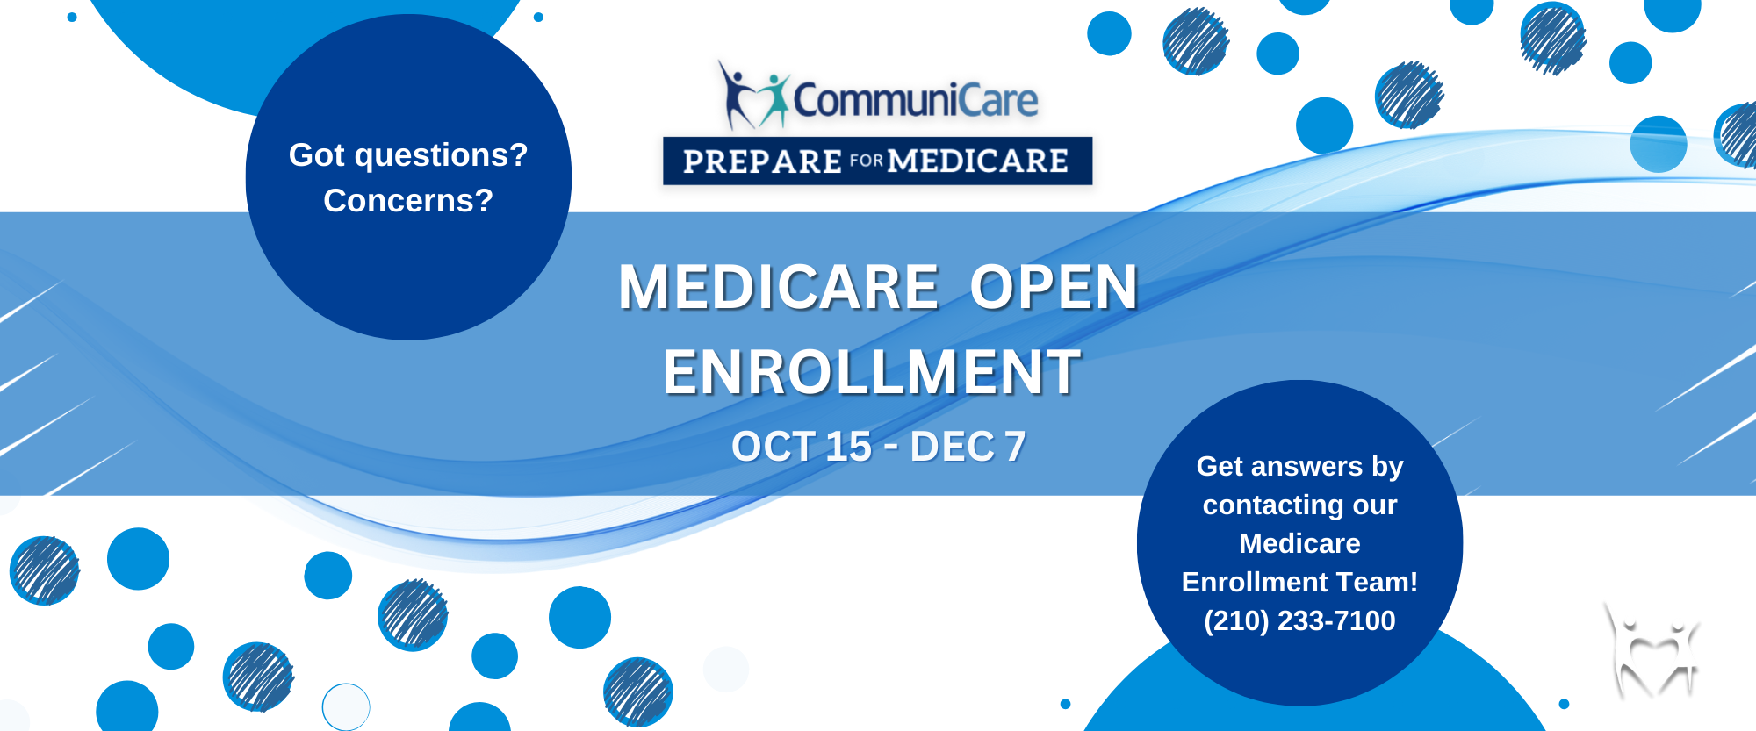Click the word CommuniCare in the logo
[x=916, y=99]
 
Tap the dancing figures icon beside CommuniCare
[x=754, y=95]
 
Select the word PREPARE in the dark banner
[x=762, y=161]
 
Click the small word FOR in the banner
[x=866, y=161]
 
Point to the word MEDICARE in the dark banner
[x=978, y=161]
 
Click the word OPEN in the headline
[x=1054, y=287]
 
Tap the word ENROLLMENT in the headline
[x=872, y=372]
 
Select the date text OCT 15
[x=802, y=447]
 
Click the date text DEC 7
[x=968, y=447]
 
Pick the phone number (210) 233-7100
[x=1299, y=620]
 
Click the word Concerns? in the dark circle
[x=408, y=201]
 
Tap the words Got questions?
[x=408, y=155]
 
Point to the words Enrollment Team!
[x=1299, y=582]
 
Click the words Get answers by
[x=1299, y=467]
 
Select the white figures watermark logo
[x=1653, y=650]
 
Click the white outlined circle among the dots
[x=346, y=706]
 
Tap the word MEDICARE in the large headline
[x=779, y=287]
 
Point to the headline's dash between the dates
[x=891, y=448]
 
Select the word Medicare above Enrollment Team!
[x=1299, y=543]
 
